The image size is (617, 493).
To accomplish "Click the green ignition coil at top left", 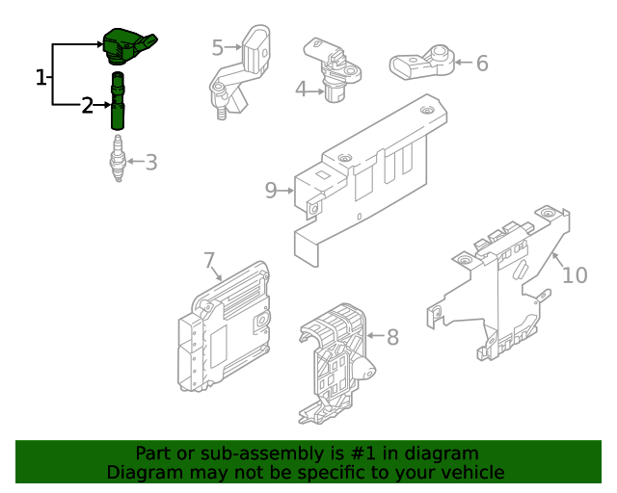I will point(126,43).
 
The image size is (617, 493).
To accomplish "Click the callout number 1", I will point(40,78).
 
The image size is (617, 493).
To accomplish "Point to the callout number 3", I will point(150,162).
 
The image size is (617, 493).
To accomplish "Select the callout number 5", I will point(217,46).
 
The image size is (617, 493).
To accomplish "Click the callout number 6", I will point(482,64).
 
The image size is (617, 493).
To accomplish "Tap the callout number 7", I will point(209,260).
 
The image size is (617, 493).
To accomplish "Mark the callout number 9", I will point(271,191).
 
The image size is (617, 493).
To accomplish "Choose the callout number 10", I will point(574,275).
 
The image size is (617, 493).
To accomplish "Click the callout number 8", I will point(392,338).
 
